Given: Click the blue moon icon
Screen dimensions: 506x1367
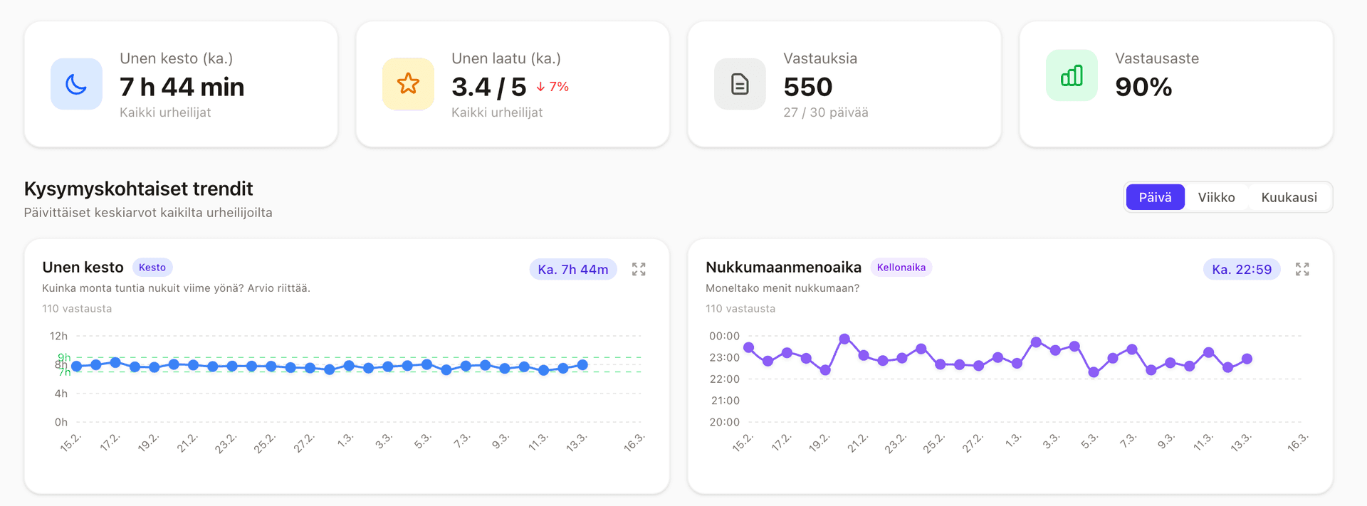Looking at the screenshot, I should (76, 84).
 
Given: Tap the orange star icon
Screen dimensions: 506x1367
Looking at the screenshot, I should (408, 84).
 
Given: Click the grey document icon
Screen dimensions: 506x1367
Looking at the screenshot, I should (740, 84).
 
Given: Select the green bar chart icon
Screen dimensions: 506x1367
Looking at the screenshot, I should (1072, 75).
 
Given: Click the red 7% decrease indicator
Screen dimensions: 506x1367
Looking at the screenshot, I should (552, 87).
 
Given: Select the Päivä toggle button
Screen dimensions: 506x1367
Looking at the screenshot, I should (1154, 197).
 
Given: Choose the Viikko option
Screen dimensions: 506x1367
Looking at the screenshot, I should (1216, 197).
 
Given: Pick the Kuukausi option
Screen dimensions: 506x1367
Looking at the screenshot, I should (1289, 197).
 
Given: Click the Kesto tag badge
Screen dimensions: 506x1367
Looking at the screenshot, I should (152, 268).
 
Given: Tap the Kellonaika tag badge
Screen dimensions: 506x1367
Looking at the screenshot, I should (901, 268).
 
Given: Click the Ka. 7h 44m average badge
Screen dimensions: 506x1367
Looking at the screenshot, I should (572, 270).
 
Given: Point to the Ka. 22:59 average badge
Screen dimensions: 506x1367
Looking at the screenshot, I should (1241, 270).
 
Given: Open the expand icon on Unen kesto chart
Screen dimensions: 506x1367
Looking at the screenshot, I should (639, 269).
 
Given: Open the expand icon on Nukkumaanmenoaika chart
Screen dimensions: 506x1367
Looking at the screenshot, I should (1302, 269).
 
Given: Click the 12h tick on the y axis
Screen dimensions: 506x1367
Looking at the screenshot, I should (58, 336).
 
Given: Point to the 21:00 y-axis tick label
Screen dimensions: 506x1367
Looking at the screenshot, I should (725, 401).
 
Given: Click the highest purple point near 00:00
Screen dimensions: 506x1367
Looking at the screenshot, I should (844, 339).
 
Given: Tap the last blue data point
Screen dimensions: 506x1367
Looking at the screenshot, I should (582, 365).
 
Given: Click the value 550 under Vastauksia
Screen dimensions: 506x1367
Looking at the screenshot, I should (807, 87).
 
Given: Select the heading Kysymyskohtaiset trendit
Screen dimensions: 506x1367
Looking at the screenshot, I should (138, 189).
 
